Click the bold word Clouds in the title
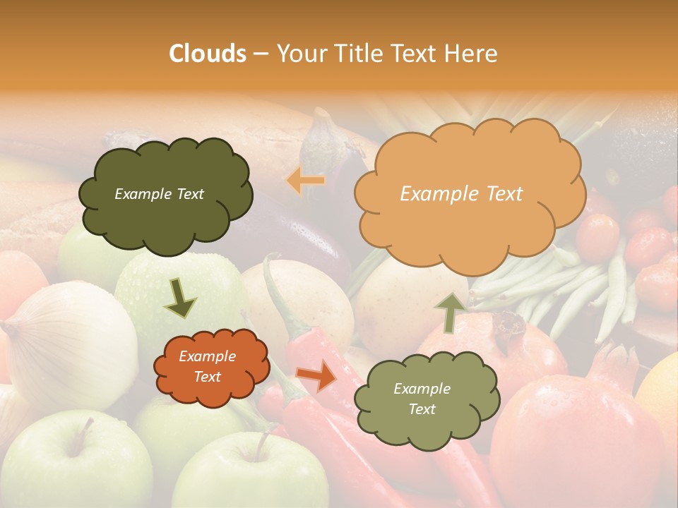208,54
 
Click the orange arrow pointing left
306,181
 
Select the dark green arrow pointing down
181,298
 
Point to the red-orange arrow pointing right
317,376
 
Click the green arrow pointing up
450,311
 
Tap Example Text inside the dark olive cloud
159,194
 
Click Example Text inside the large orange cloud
461,194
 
